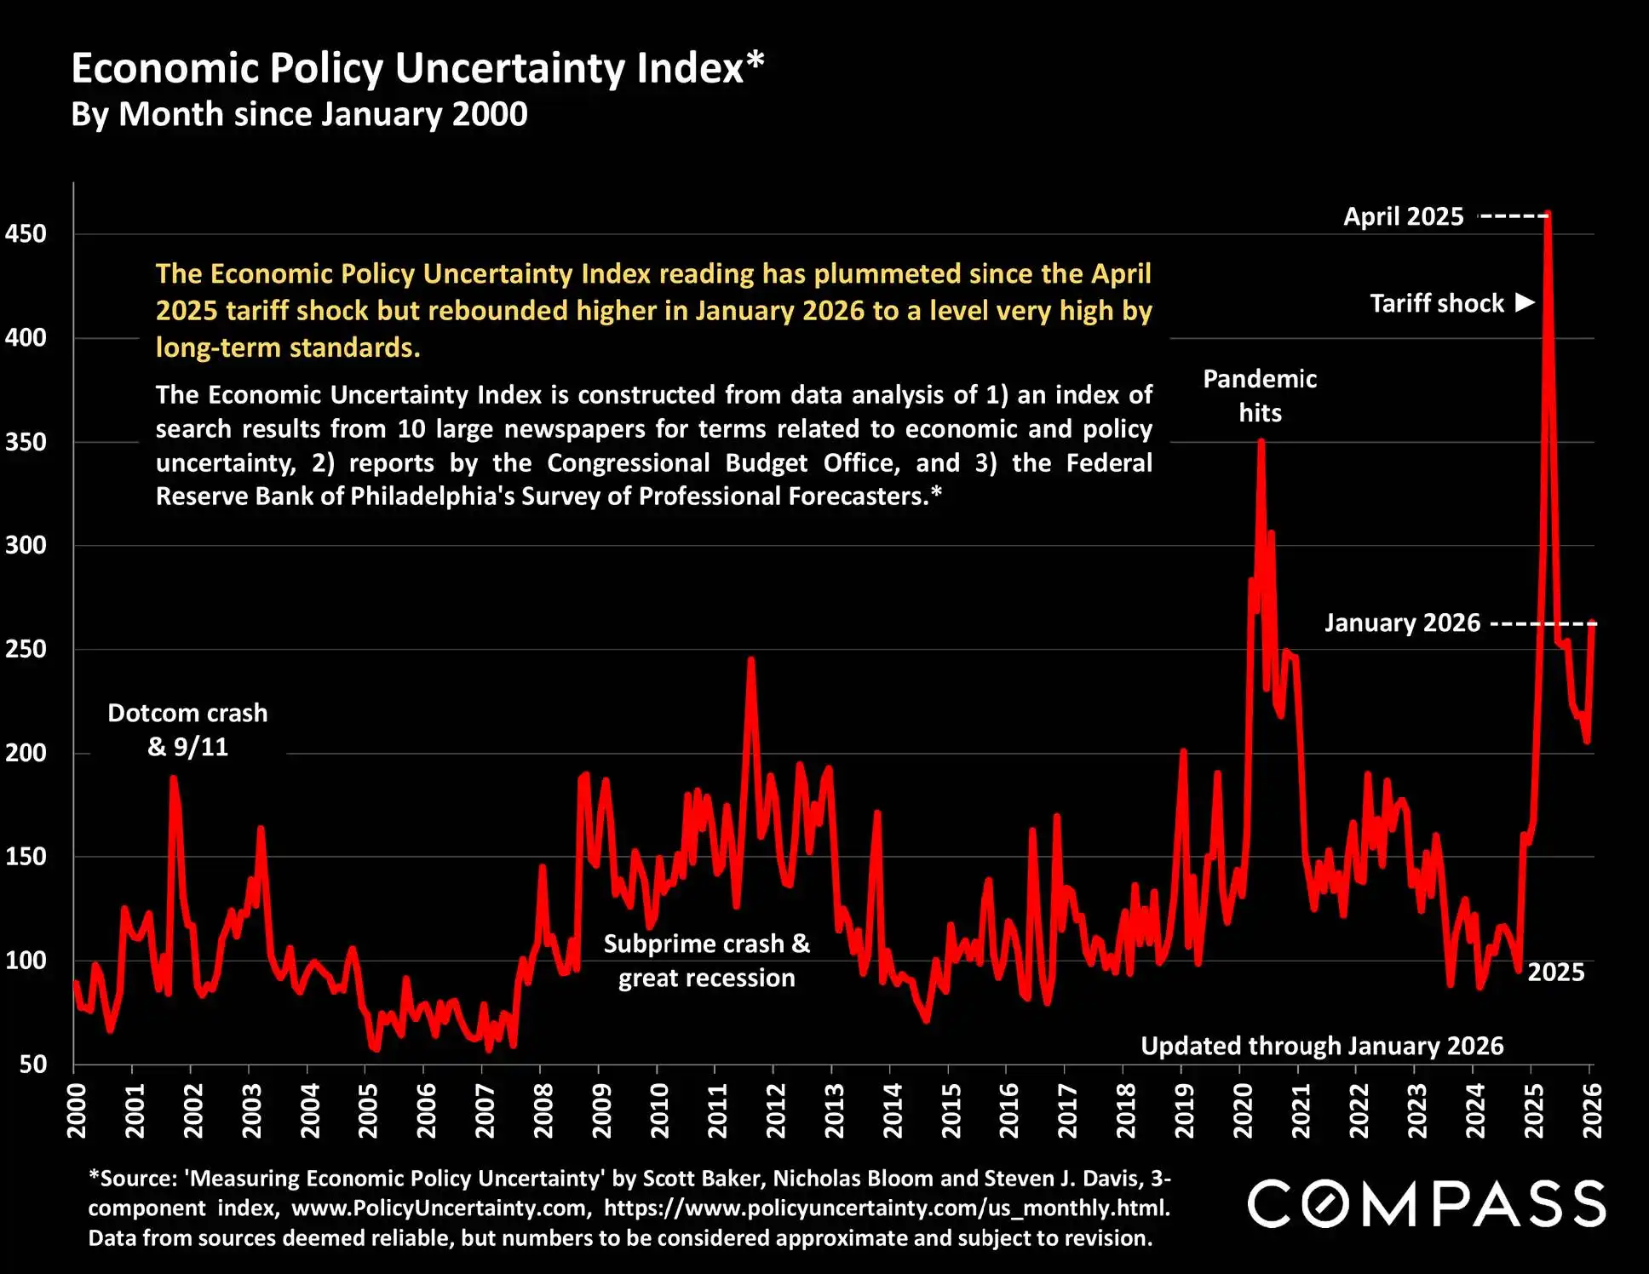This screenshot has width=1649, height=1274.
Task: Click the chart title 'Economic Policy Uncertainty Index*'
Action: pyautogui.click(x=417, y=68)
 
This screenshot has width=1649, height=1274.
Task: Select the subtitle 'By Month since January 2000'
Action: pyautogui.click(x=299, y=114)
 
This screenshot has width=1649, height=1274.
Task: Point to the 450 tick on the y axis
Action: pyautogui.click(x=26, y=233)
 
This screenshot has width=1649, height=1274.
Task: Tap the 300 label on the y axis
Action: pyautogui.click(x=26, y=545)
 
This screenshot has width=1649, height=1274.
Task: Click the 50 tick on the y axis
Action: pyautogui.click(x=33, y=1064)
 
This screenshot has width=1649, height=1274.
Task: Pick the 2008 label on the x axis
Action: pyautogui.click(x=543, y=1110)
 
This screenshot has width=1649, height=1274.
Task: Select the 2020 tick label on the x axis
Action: pyautogui.click(x=1243, y=1110)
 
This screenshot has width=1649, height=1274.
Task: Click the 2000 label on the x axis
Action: pyautogui.click(x=77, y=1110)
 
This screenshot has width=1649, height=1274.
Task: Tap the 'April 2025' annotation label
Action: pyautogui.click(x=1403, y=216)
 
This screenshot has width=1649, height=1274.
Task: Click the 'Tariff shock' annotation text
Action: pyautogui.click(x=1437, y=303)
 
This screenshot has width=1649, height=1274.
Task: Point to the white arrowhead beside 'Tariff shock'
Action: pyautogui.click(x=1525, y=302)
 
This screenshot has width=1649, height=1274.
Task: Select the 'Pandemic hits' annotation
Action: pyautogui.click(x=1260, y=396)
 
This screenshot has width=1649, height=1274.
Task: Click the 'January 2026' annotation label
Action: pyautogui.click(x=1402, y=623)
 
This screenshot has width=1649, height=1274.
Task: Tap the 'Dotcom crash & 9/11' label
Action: pyautogui.click(x=187, y=730)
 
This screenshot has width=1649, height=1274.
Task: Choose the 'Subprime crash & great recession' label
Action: pyautogui.click(x=706, y=961)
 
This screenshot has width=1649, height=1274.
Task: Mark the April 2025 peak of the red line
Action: pyautogui.click(x=1548, y=213)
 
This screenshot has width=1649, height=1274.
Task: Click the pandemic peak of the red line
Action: pyautogui.click(x=1261, y=441)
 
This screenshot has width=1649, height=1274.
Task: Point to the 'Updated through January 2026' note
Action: pyautogui.click(x=1322, y=1046)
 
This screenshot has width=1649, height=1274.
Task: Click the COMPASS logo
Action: pyautogui.click(x=1427, y=1203)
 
